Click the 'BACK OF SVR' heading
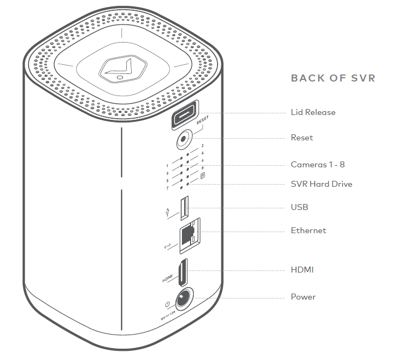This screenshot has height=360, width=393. [x=333, y=78]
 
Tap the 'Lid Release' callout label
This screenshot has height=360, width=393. [x=313, y=112]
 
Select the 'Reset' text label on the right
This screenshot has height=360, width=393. [x=302, y=138]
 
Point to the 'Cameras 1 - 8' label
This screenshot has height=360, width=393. [x=317, y=165]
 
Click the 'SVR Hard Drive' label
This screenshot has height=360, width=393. [x=321, y=184]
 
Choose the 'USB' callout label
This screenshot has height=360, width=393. [x=300, y=207]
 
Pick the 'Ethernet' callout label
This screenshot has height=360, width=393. [x=308, y=230]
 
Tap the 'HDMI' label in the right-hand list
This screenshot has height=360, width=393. [x=302, y=269]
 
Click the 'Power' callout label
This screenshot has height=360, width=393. [x=303, y=297]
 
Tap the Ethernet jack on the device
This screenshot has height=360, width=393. [x=187, y=234]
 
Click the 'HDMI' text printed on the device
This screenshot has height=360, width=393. [x=166, y=280]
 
